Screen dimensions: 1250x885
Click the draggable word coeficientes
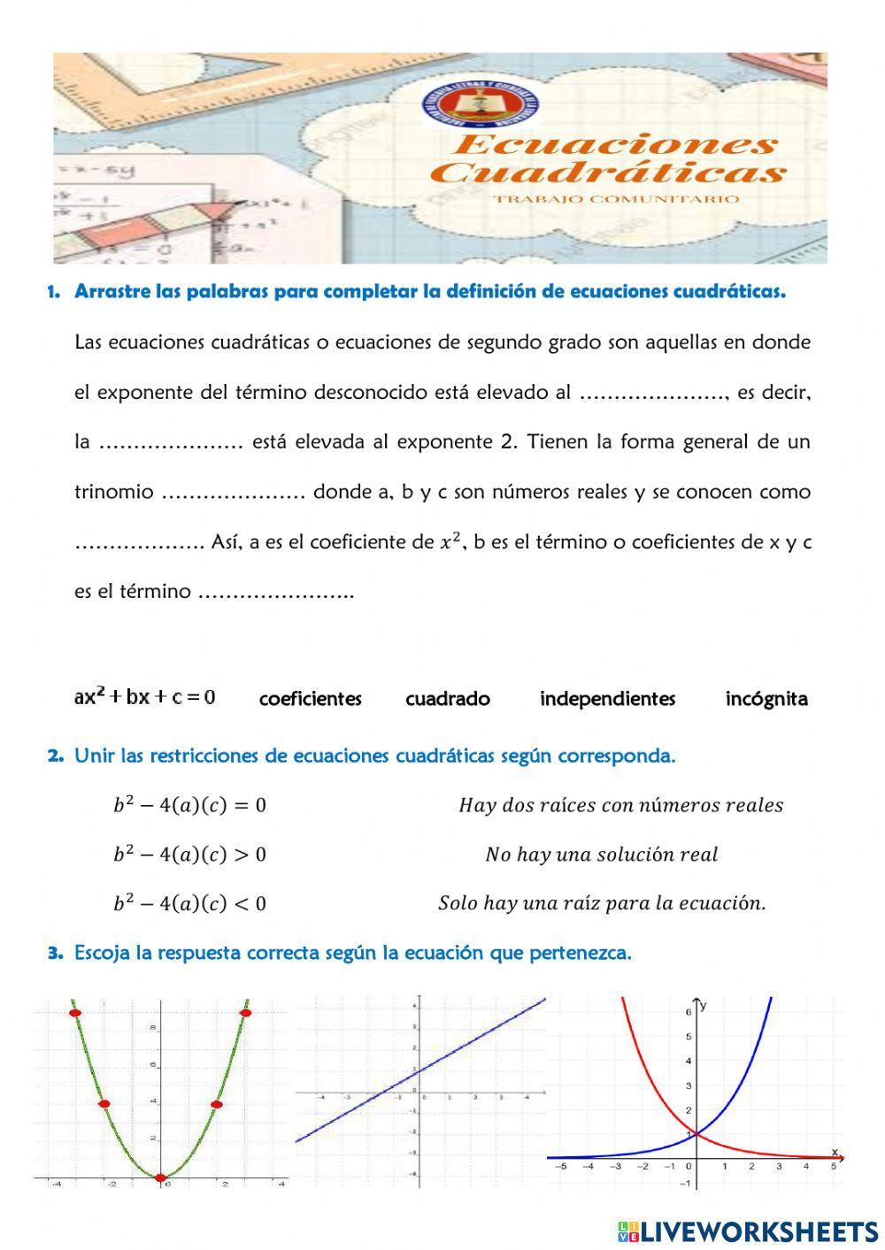click(x=310, y=699)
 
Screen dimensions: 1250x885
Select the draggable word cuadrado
click(x=447, y=699)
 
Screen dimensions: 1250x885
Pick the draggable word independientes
click(x=607, y=699)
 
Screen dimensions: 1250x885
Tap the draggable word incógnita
click(x=766, y=699)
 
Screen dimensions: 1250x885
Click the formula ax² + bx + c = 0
click(x=144, y=696)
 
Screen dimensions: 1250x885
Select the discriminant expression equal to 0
click(x=189, y=805)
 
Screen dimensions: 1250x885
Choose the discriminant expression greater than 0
click(x=189, y=855)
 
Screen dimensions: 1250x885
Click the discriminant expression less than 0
click(x=189, y=903)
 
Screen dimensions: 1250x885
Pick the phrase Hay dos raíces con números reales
click(x=620, y=805)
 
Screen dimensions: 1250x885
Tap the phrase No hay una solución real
click(x=601, y=855)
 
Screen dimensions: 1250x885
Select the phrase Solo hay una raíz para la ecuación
click(x=602, y=903)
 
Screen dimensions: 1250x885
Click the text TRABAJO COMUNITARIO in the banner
click(x=616, y=199)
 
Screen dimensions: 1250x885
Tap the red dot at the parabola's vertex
click(x=159, y=1177)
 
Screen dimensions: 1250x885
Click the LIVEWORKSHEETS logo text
click(x=758, y=1231)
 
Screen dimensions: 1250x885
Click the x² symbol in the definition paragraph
click(x=450, y=542)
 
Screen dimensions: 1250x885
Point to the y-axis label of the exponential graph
click(x=704, y=1005)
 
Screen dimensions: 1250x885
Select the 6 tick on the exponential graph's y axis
click(x=687, y=1011)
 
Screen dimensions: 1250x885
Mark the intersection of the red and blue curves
click(x=696, y=1133)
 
